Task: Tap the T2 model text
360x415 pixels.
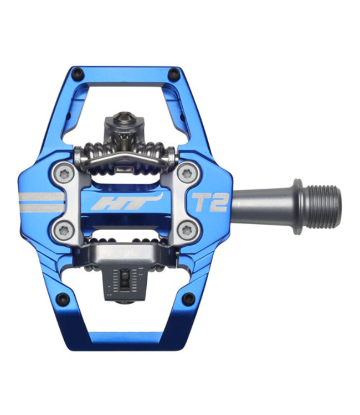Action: (x=209, y=202)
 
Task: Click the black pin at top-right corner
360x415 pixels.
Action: (x=175, y=73)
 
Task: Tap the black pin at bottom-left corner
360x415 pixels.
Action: (x=63, y=299)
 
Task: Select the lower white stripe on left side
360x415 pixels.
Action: (x=42, y=208)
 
